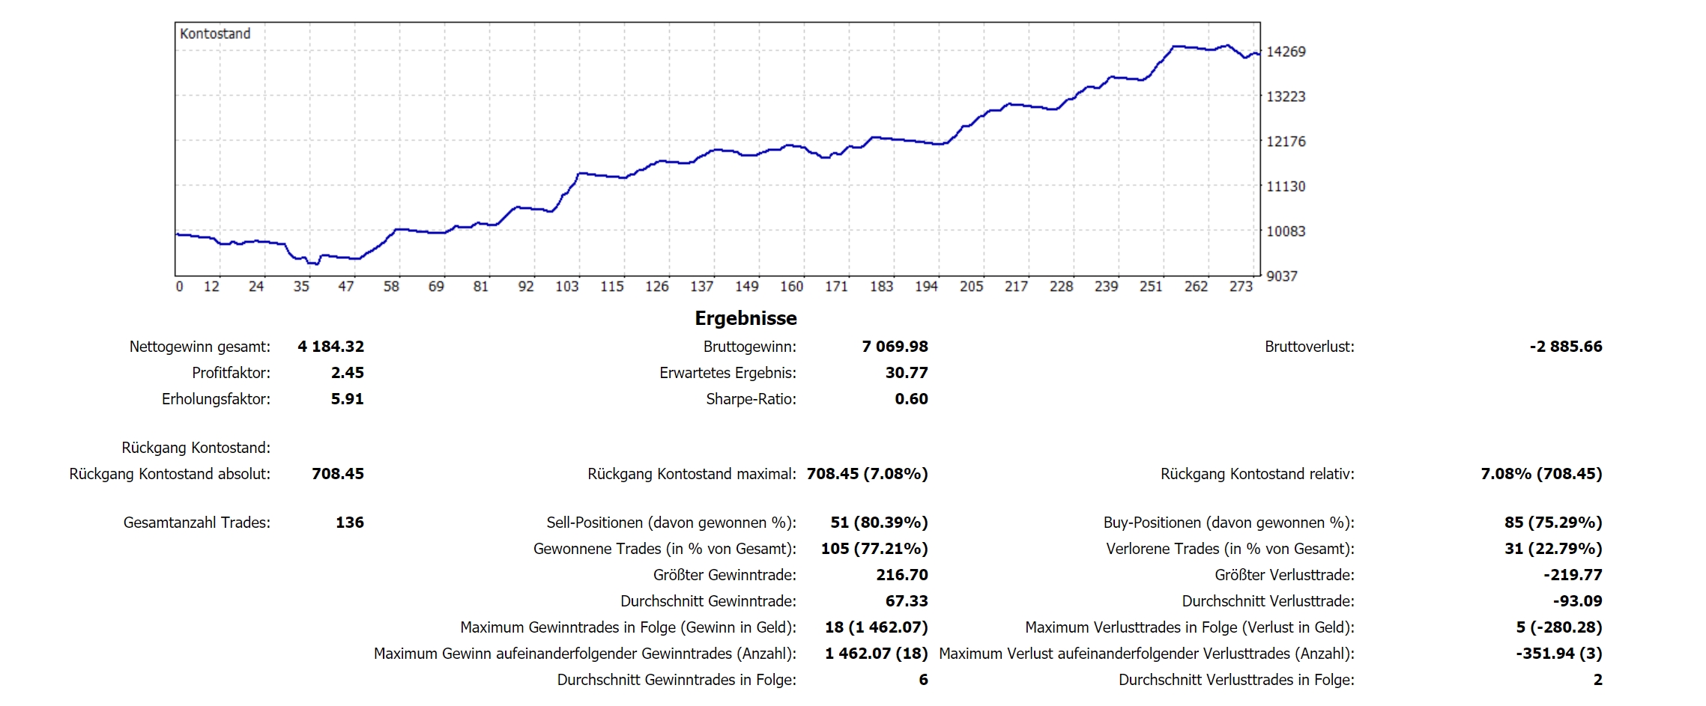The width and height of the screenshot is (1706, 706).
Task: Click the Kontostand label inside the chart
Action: pos(215,34)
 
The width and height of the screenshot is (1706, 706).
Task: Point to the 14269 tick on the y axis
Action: pos(1286,52)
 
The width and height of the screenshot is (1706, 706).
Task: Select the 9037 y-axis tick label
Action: pos(1281,276)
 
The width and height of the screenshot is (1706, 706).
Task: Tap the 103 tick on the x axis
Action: pos(567,286)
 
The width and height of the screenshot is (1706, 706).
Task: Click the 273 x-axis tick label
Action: pos(1241,286)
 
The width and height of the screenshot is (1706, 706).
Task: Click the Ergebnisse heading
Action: pos(745,318)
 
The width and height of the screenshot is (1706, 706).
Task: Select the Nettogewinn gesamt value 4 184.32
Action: pos(330,347)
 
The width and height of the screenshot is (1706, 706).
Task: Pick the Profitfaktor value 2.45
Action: pos(347,373)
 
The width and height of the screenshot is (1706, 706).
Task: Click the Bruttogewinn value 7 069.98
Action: pos(895,347)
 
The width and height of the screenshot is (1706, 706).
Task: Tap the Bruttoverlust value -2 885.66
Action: pos(1565,347)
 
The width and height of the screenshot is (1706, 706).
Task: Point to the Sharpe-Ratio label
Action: pos(751,399)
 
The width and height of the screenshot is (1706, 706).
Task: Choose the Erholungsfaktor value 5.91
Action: pos(347,399)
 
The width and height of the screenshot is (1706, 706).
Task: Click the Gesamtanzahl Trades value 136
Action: pos(349,523)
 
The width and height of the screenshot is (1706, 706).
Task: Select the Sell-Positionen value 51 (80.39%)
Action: pos(879,523)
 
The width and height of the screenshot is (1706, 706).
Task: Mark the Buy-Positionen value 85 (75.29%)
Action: pos(1552,523)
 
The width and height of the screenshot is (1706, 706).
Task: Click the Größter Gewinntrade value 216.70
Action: pos(901,575)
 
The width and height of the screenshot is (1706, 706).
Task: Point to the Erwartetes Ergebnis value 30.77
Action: pos(907,373)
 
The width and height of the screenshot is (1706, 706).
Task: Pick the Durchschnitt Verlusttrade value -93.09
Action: pos(1577,601)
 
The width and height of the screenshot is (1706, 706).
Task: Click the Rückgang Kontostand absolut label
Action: pos(169,474)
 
